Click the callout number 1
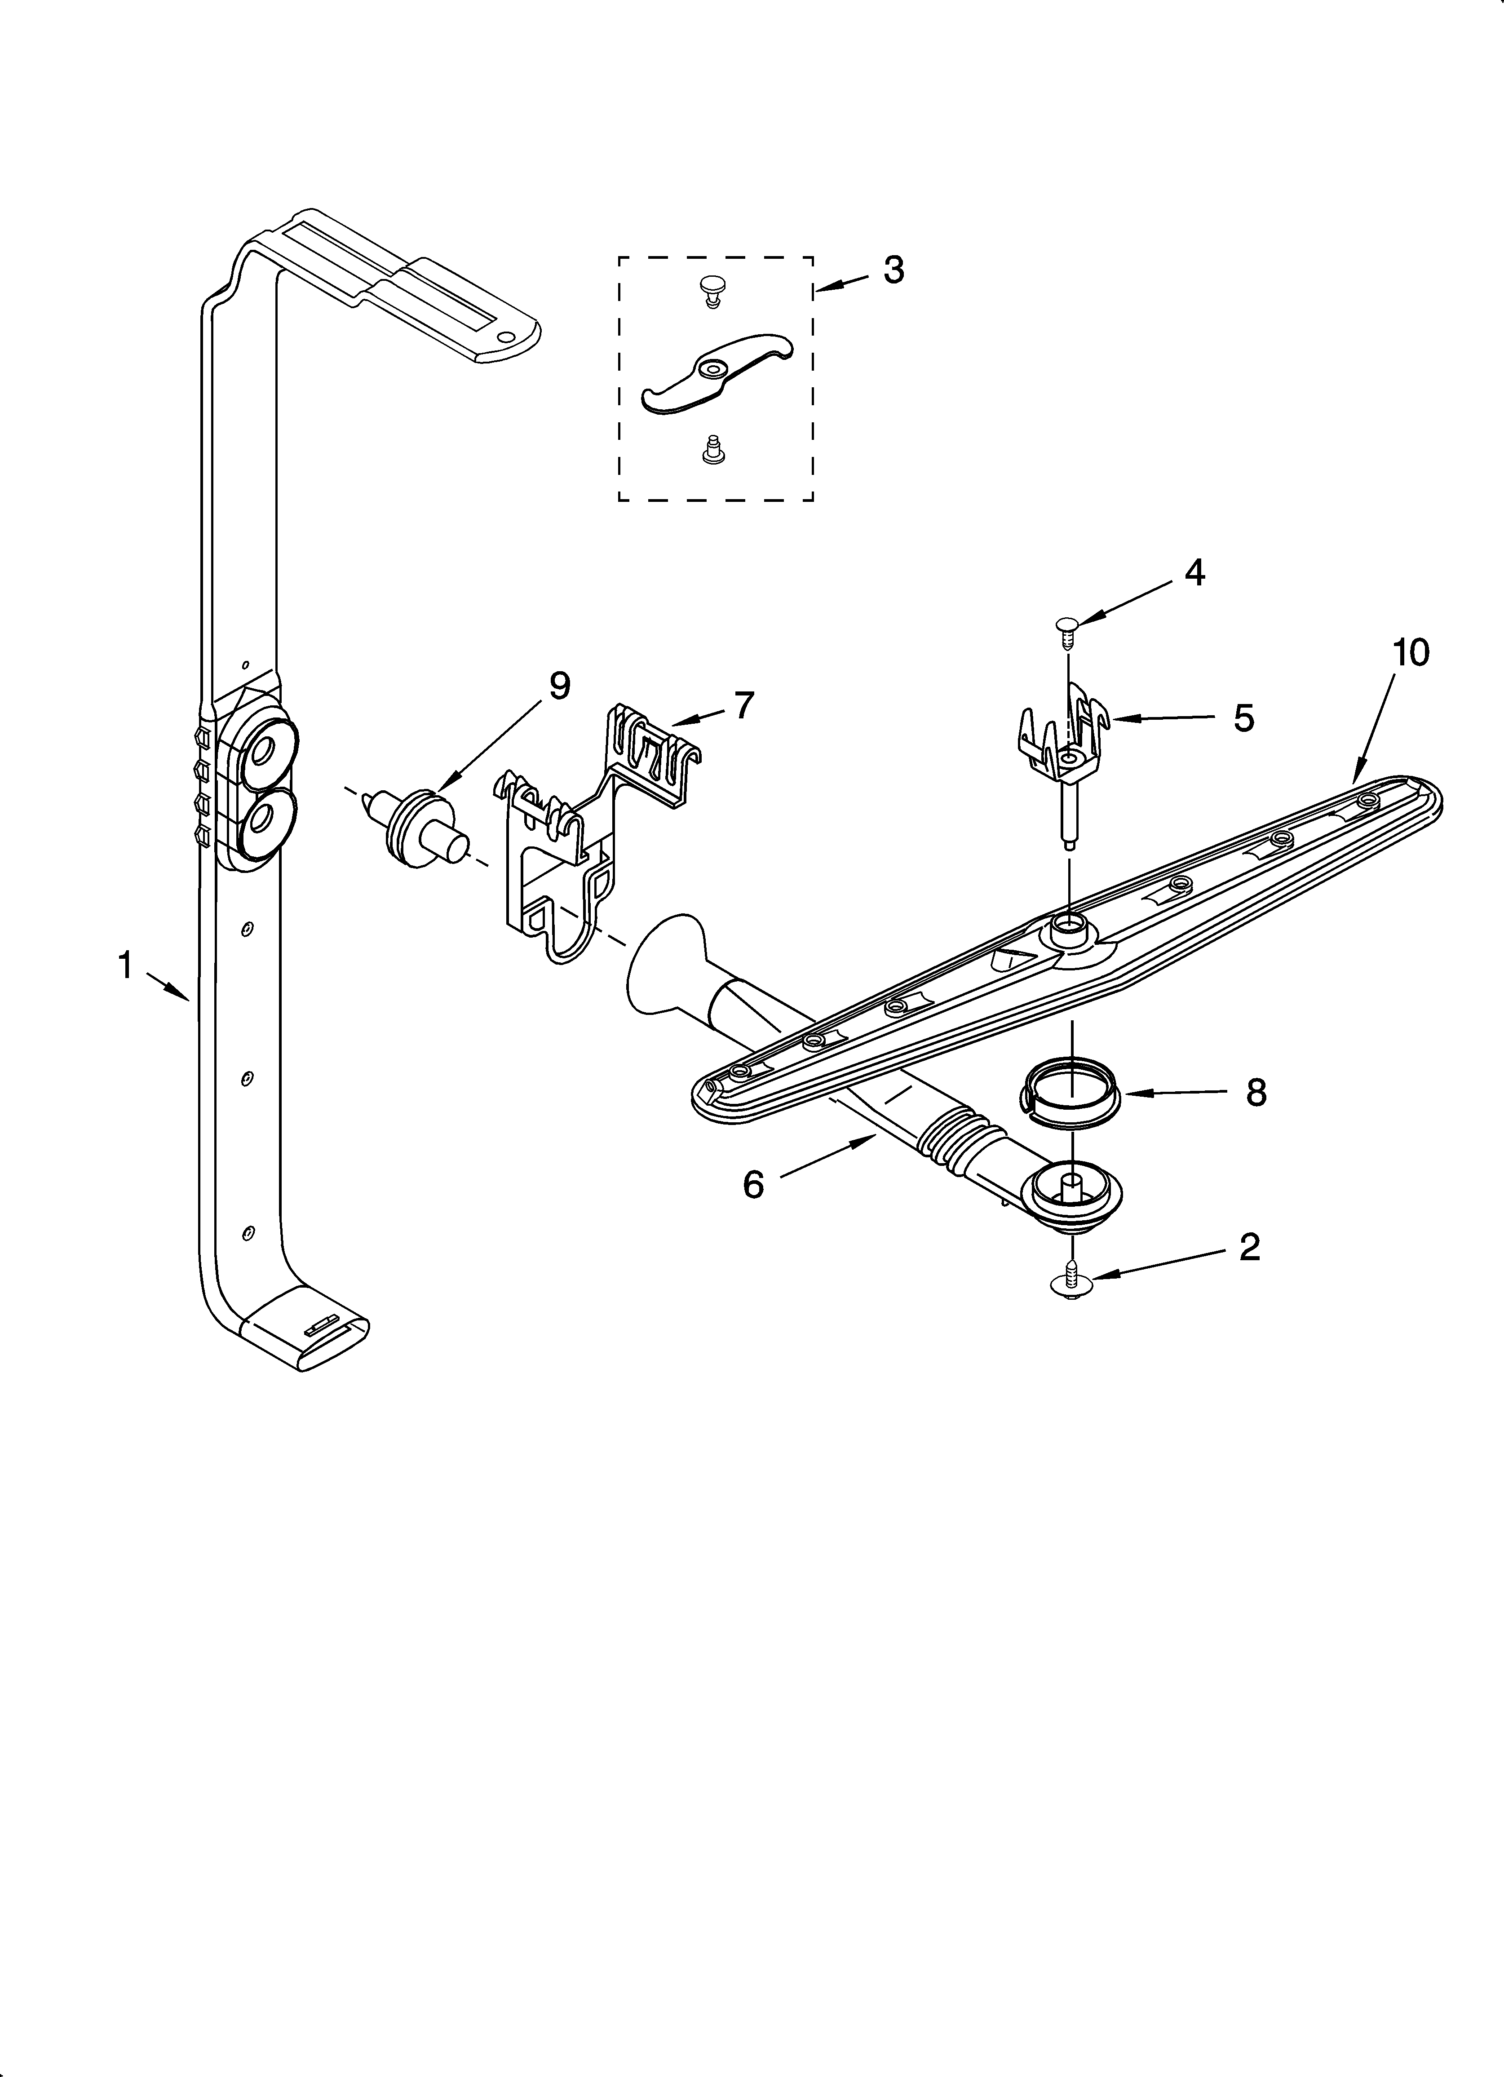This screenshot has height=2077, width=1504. tap(125, 965)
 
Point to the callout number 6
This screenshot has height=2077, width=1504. tap(753, 1184)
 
